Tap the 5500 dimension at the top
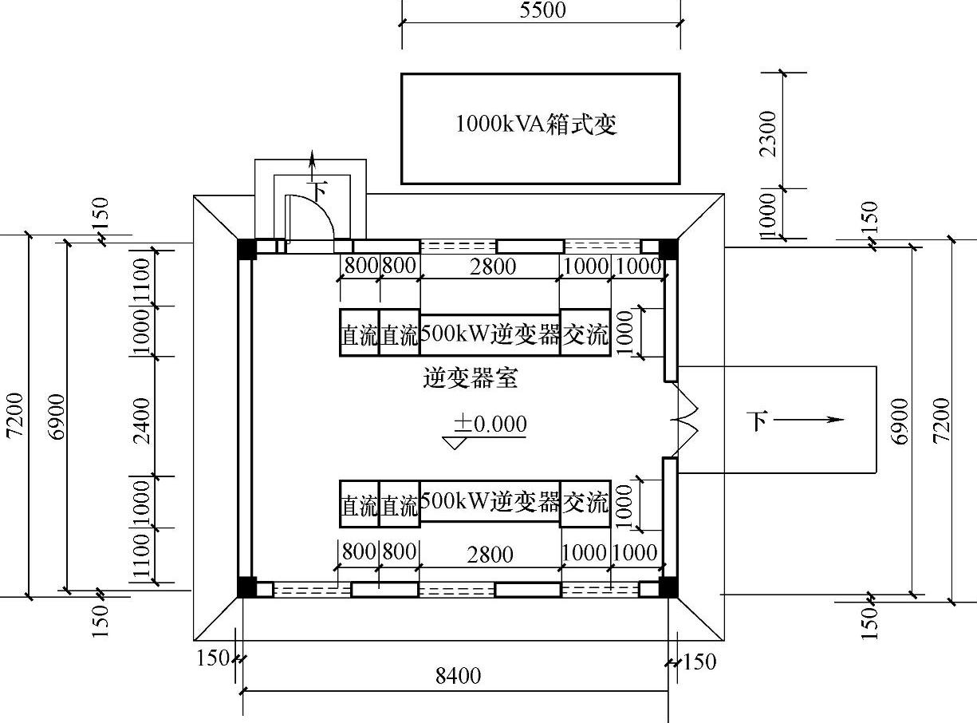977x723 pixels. (542, 10)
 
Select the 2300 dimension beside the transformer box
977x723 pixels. (767, 133)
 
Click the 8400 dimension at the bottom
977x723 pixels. (458, 676)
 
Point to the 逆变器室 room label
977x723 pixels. (470, 378)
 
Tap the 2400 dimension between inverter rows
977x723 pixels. (141, 417)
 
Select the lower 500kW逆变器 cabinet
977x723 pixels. (490, 503)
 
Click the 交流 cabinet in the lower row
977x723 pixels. (585, 504)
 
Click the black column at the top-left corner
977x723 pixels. (247, 248)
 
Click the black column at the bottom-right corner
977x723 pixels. (668, 587)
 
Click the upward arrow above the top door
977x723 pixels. (312, 162)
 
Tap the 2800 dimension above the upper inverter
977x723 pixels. (492, 267)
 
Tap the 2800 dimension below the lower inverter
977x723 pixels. (490, 554)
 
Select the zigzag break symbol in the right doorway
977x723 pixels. (685, 420)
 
